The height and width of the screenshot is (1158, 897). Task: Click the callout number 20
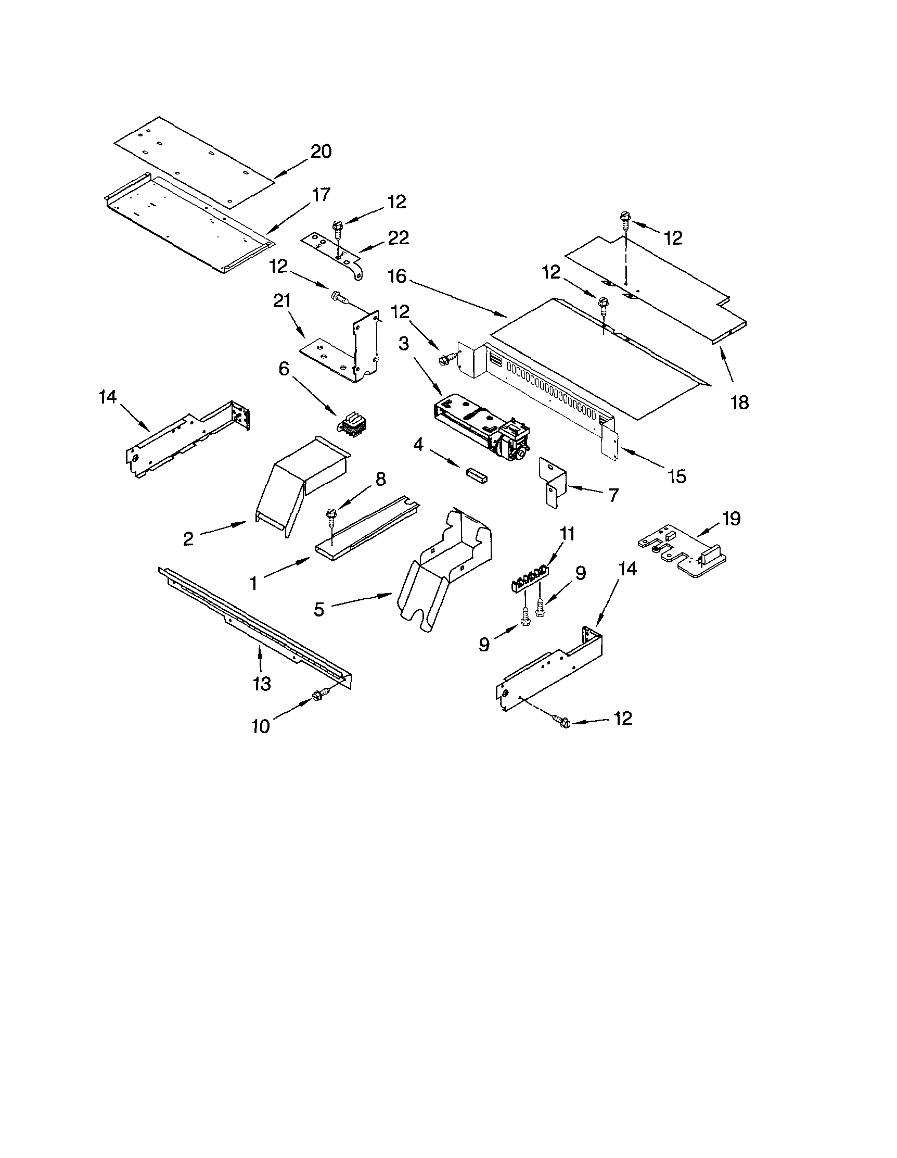(x=321, y=152)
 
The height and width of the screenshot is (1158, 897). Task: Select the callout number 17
(x=321, y=195)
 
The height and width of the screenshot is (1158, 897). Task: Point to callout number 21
(x=282, y=301)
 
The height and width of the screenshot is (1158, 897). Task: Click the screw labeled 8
(x=332, y=514)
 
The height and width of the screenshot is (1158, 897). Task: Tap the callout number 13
(x=262, y=684)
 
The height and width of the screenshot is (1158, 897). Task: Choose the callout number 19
(x=731, y=519)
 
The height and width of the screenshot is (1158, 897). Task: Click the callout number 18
(x=740, y=403)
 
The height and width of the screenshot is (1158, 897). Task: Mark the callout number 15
(x=677, y=476)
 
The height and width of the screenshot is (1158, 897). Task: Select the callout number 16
(x=396, y=276)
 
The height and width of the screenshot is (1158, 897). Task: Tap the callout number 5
(x=318, y=609)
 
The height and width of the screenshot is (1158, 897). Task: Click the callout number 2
(x=189, y=539)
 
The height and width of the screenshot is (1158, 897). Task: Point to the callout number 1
(x=253, y=584)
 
